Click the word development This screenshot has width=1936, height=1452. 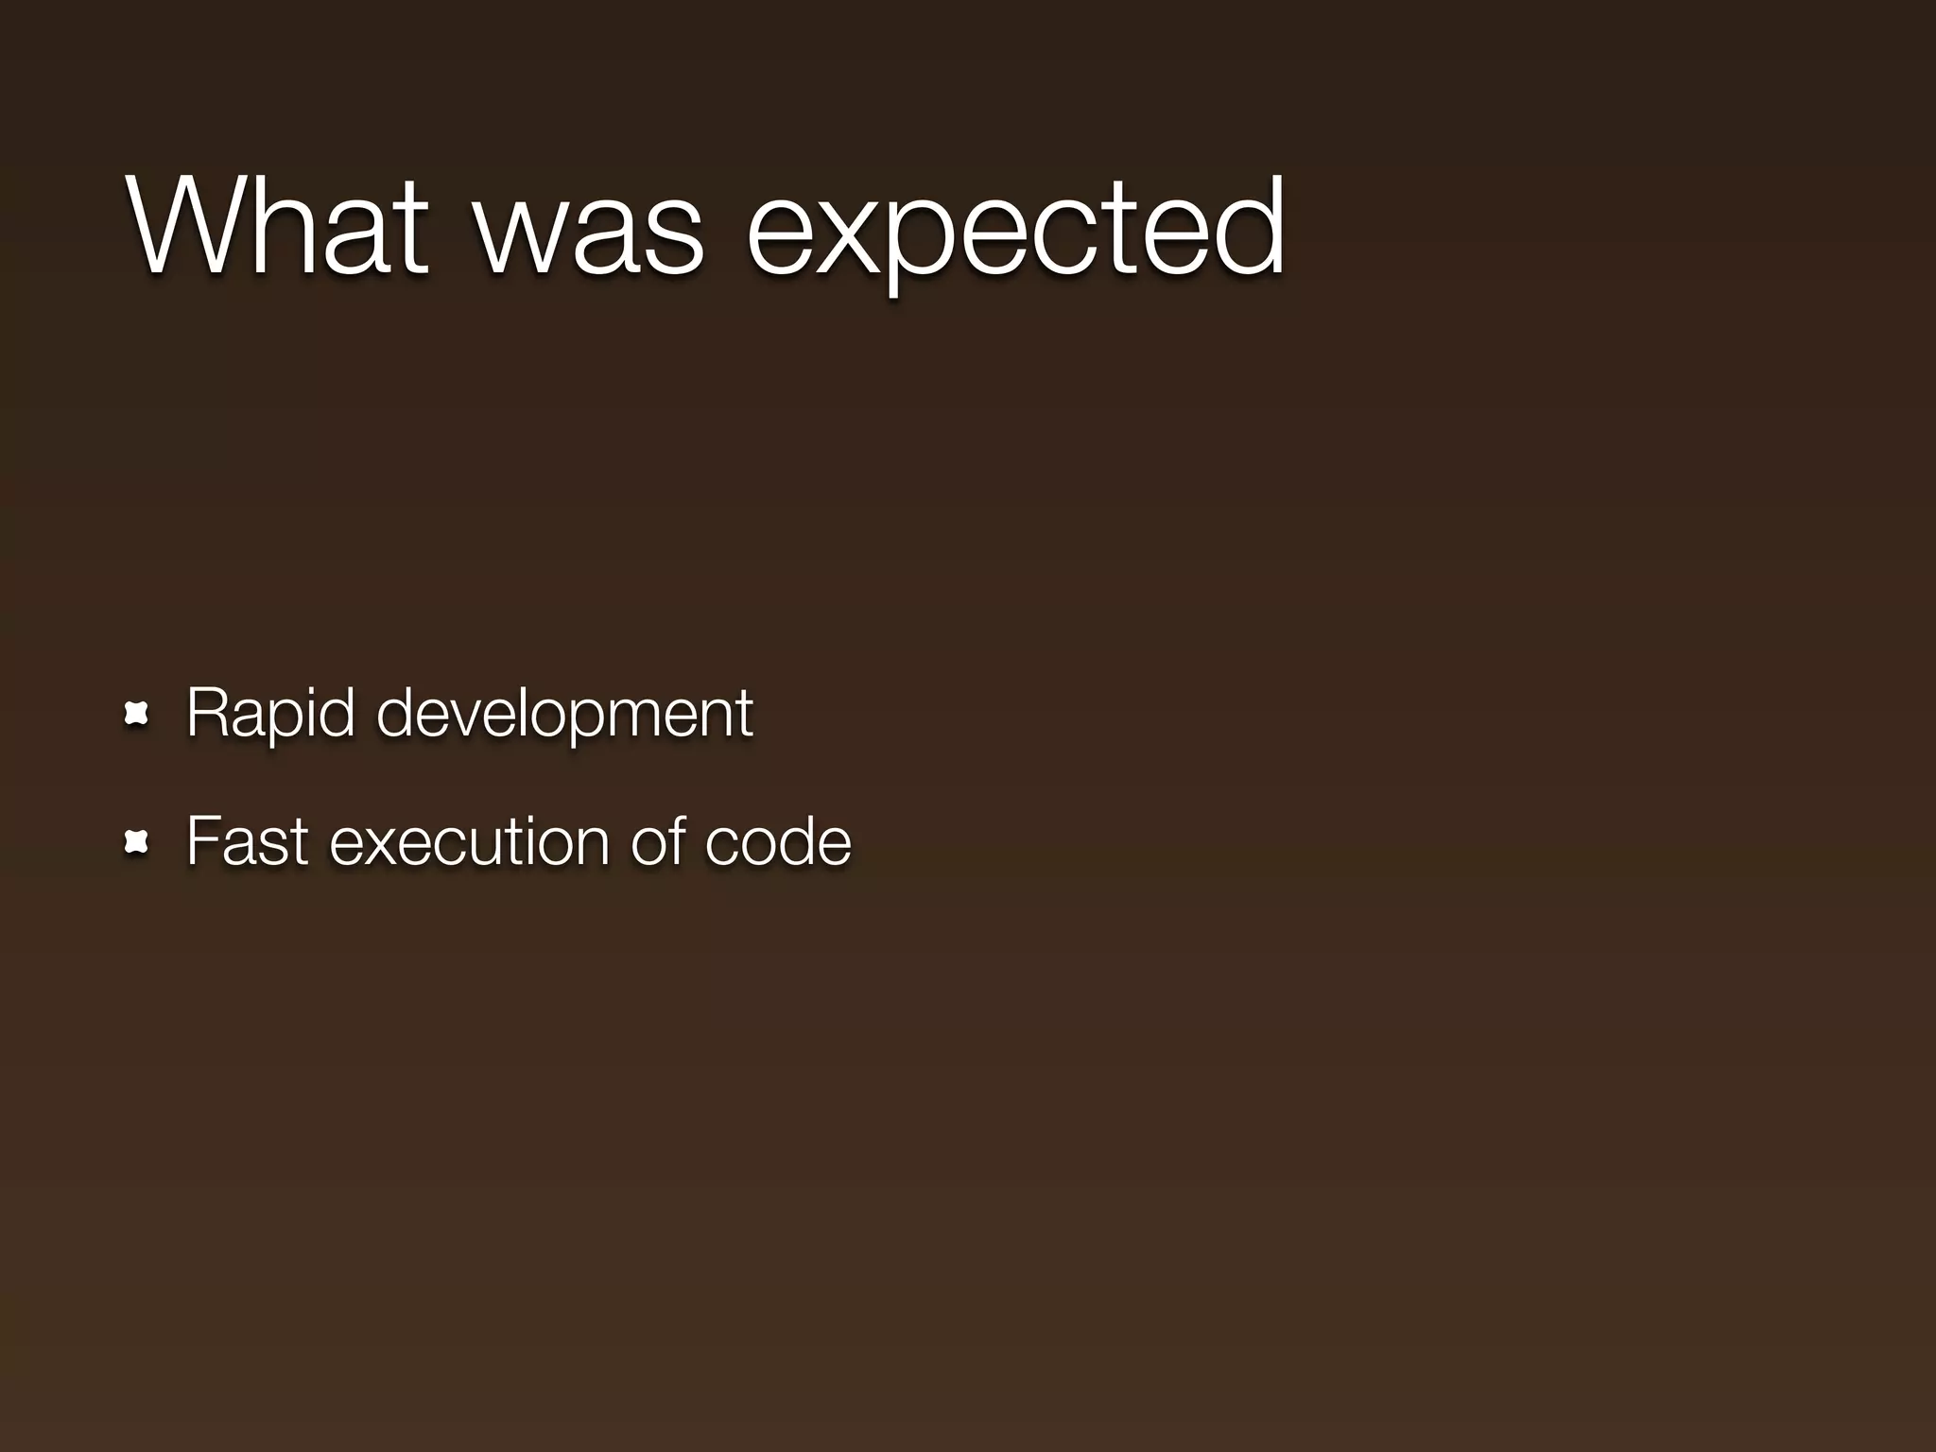pos(564,714)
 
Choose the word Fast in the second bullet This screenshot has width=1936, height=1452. pos(247,841)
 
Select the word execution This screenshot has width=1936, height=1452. pos(470,841)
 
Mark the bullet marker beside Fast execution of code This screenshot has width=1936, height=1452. pos(138,841)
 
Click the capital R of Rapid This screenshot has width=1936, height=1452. pos(207,714)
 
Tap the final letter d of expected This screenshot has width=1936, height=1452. pos(1248,227)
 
